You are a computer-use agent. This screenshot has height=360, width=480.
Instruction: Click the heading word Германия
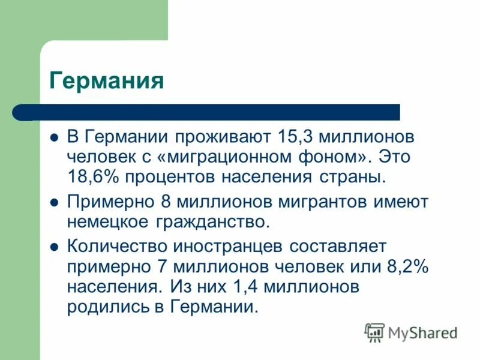coord(107,80)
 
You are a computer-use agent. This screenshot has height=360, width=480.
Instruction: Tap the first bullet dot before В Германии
coord(53,136)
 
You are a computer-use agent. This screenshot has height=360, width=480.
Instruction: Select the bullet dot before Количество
coord(53,246)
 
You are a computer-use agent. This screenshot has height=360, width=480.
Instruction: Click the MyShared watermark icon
coord(374,332)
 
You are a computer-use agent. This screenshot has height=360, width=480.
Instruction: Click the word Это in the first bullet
coord(400,157)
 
